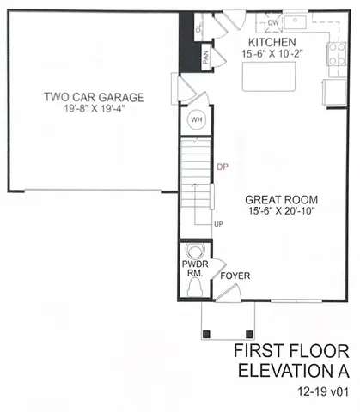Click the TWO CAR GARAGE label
(95, 96)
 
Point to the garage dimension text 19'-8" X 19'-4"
(95, 108)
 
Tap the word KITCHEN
(272, 42)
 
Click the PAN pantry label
(205, 58)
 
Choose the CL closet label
(199, 29)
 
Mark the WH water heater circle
(196, 119)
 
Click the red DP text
(223, 167)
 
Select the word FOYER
(235, 277)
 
